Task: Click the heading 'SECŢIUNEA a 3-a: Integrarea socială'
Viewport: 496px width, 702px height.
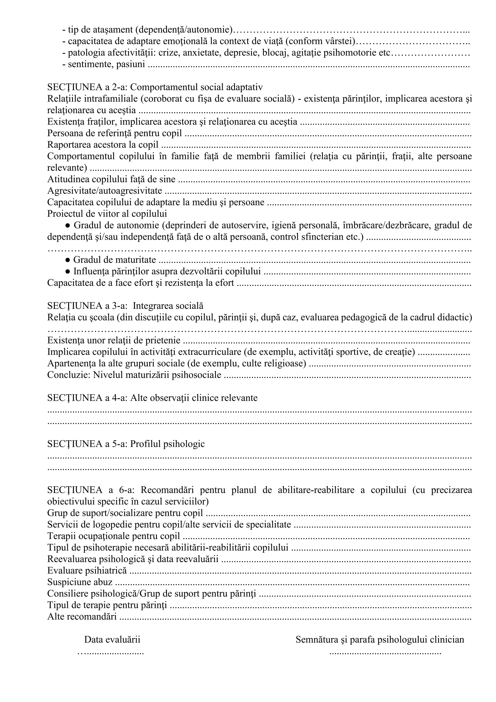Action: point(125,306)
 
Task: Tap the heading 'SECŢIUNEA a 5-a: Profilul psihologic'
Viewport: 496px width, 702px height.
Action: point(126,444)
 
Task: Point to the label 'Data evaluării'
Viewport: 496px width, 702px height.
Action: point(112,639)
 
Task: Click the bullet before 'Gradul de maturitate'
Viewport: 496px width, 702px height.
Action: point(68,260)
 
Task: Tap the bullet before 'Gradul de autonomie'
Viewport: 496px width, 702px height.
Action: point(68,225)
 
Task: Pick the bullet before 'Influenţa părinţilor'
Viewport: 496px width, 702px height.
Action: point(68,271)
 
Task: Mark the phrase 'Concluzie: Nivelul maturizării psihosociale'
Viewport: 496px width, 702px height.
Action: point(134,375)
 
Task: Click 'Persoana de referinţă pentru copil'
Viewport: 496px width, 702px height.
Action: point(115,133)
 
